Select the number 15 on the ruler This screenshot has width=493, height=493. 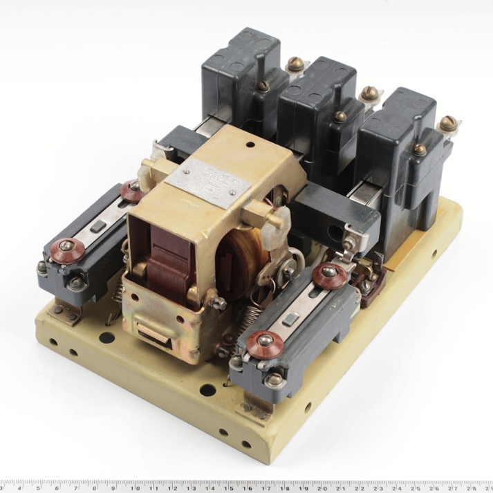click(227, 486)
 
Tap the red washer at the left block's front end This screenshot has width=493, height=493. click(67, 248)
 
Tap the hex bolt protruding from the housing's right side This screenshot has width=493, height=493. click(220, 303)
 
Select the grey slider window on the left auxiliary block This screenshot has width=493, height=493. click(98, 225)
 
